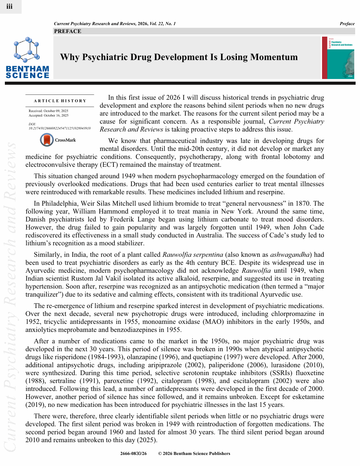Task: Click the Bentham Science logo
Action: [27, 58]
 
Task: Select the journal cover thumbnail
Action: [337, 58]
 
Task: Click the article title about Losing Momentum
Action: [179, 57]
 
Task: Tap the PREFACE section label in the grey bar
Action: [67, 31]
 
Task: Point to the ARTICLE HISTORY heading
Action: [60, 101]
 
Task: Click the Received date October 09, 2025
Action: [49, 110]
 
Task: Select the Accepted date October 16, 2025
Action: [49, 115]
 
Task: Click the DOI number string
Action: [59, 128]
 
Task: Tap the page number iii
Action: [10, 6]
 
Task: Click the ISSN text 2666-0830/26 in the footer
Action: [133, 453]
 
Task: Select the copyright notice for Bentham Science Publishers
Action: [194, 453]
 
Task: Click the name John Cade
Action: [310, 227]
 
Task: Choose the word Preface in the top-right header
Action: [347, 23]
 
